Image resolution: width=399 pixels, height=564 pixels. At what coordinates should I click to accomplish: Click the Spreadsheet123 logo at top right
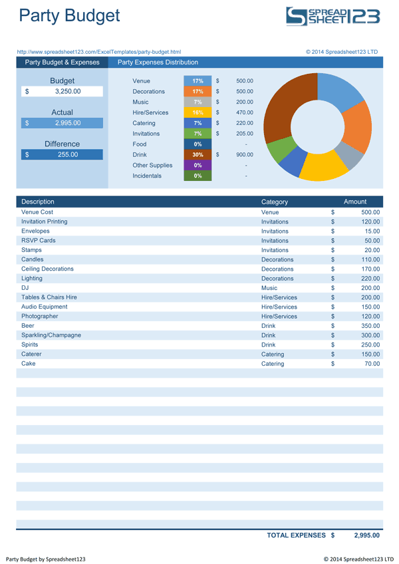(x=332, y=16)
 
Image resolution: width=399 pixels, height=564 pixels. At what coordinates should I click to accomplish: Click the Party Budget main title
(x=69, y=15)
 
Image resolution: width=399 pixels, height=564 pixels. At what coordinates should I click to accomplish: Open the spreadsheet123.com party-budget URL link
(x=98, y=51)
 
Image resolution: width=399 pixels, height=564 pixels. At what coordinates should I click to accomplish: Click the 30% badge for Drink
(x=198, y=154)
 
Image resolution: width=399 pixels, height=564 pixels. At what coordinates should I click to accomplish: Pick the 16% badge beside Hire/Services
(x=198, y=112)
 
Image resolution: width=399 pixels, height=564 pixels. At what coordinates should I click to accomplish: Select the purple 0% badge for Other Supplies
(x=198, y=165)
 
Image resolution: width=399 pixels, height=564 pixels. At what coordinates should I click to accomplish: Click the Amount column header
(x=354, y=202)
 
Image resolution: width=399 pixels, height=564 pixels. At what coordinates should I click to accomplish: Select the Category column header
(x=275, y=202)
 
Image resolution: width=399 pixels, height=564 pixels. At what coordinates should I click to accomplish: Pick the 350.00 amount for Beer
(x=366, y=326)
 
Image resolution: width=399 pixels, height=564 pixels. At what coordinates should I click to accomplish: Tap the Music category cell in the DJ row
(x=270, y=288)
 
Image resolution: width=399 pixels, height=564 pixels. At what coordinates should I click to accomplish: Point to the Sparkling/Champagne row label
(x=51, y=335)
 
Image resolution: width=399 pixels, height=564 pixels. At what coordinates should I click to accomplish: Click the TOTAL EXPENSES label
(x=296, y=535)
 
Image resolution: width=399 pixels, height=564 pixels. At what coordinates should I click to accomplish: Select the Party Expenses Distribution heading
(x=158, y=63)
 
